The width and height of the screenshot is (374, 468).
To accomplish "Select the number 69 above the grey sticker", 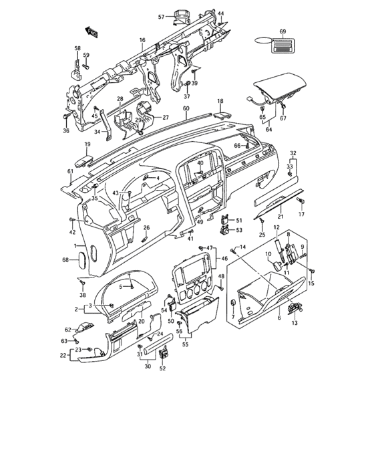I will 282,32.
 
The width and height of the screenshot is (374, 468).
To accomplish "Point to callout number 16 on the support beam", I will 142,41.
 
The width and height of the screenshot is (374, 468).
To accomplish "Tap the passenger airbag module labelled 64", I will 274,90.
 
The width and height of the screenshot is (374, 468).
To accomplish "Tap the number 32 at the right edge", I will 293,153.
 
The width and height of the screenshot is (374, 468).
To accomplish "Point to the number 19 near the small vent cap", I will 87,144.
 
